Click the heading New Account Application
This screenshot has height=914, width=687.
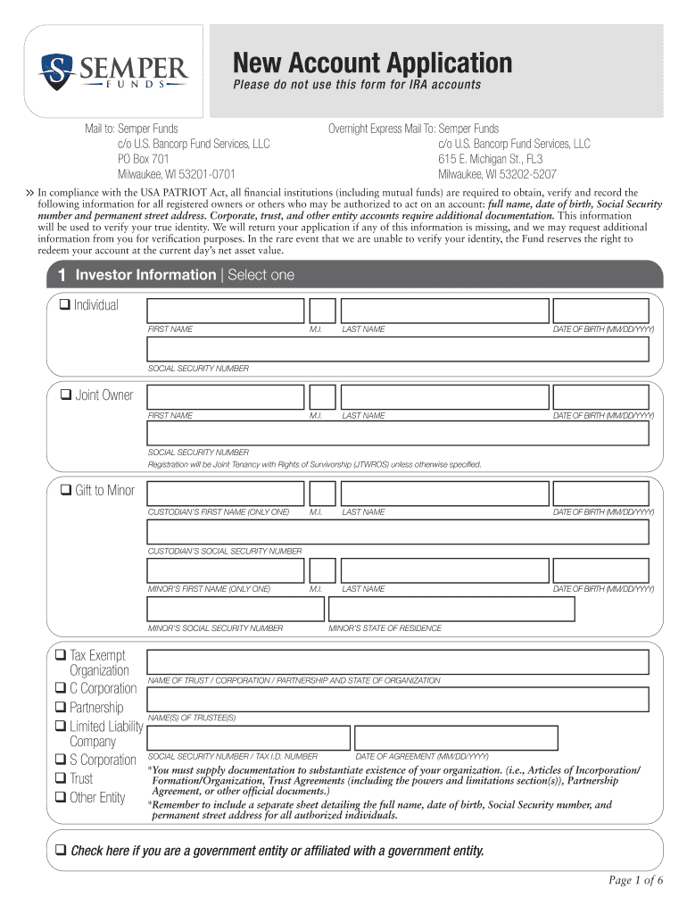[x=372, y=63]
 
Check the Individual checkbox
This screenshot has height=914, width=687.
[x=64, y=305]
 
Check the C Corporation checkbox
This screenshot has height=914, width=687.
[x=60, y=688]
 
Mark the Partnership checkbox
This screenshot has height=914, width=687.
[x=60, y=708]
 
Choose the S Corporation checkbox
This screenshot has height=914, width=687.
[x=60, y=760]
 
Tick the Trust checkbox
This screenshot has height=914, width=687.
[x=60, y=778]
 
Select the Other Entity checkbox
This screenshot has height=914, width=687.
[x=60, y=797]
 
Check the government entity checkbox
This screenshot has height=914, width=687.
[x=62, y=850]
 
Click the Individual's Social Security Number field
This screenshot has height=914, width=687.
[x=398, y=349]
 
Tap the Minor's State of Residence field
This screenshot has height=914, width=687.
[x=452, y=610]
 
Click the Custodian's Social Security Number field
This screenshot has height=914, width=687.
[x=398, y=532]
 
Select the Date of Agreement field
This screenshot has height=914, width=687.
[x=456, y=738]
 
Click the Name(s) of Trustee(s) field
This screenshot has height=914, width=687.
[x=398, y=700]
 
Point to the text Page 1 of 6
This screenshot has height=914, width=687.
[x=636, y=881]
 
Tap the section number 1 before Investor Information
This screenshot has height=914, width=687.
[x=60, y=275]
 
